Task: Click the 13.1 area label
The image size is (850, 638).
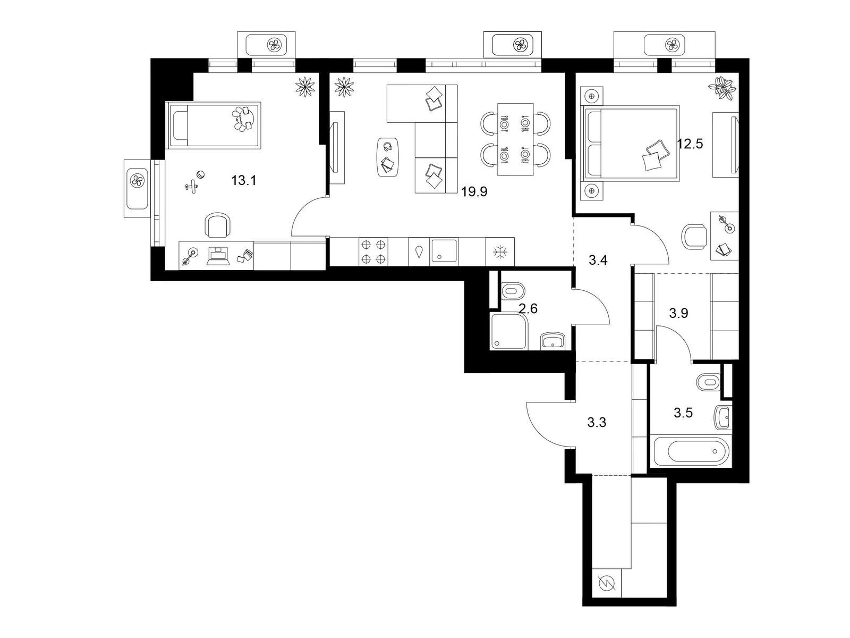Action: tap(244, 181)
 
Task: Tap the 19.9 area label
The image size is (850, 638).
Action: tap(474, 192)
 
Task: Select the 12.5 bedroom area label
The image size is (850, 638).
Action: tap(690, 144)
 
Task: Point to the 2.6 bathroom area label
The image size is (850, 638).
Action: tap(528, 309)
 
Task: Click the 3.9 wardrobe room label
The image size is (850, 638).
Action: tap(678, 313)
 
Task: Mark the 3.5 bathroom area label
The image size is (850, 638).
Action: tap(683, 413)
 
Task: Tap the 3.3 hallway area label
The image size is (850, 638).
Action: tap(597, 423)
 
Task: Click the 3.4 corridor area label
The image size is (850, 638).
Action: tap(598, 261)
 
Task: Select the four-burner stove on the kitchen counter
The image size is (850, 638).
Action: tap(373, 251)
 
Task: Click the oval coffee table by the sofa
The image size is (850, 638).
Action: tap(388, 157)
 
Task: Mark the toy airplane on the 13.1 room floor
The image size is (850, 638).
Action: tap(192, 186)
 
